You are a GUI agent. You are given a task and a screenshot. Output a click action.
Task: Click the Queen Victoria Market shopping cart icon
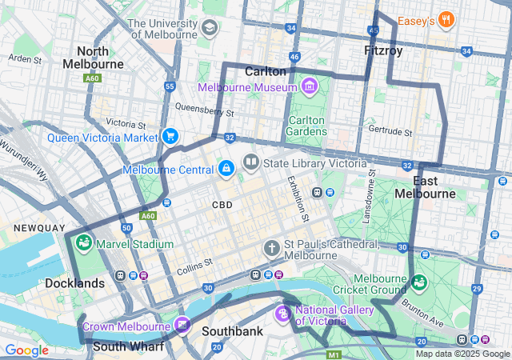pos(170,137)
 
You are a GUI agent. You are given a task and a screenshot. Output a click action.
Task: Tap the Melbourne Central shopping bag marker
pos(226,169)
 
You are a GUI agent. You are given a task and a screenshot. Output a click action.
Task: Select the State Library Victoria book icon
pos(251,163)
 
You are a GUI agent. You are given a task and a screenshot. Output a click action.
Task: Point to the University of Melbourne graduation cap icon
pos(210,28)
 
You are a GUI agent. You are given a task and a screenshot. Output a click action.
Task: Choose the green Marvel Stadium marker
pos(84,243)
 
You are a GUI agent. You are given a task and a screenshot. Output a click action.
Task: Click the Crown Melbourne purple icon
pos(183,325)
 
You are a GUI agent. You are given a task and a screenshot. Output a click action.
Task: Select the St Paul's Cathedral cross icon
pos(272,249)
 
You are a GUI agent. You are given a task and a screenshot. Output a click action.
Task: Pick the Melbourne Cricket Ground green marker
pos(419,283)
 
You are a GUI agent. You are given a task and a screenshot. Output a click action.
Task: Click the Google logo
pos(26,350)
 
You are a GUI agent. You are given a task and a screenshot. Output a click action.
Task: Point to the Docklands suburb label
pos(74,283)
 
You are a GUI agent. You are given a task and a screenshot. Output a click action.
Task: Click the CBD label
pos(222,205)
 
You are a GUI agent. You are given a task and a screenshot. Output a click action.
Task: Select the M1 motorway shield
pos(334,354)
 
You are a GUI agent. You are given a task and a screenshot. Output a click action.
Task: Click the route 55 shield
pos(169,86)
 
